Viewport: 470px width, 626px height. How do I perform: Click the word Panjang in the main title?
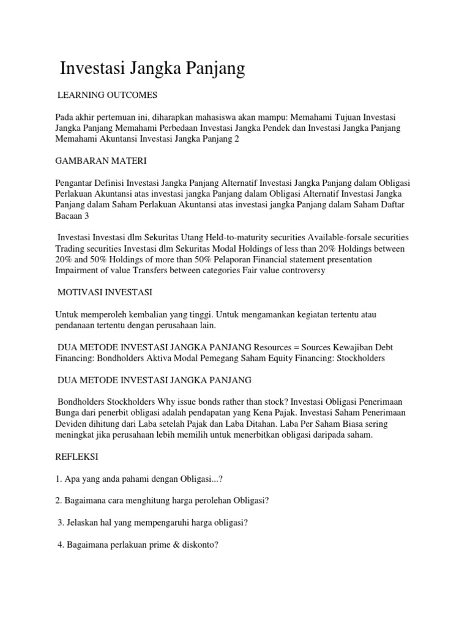coord(211,68)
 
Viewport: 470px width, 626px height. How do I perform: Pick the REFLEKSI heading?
coord(76,457)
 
